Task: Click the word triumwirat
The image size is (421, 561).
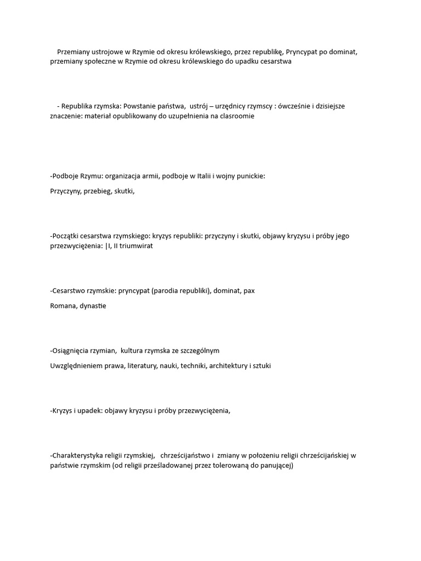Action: tap(135, 246)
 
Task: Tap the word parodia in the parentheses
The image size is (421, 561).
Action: tap(168, 291)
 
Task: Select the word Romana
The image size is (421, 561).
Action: tap(62, 306)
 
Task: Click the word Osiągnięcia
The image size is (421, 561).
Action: tap(69, 351)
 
